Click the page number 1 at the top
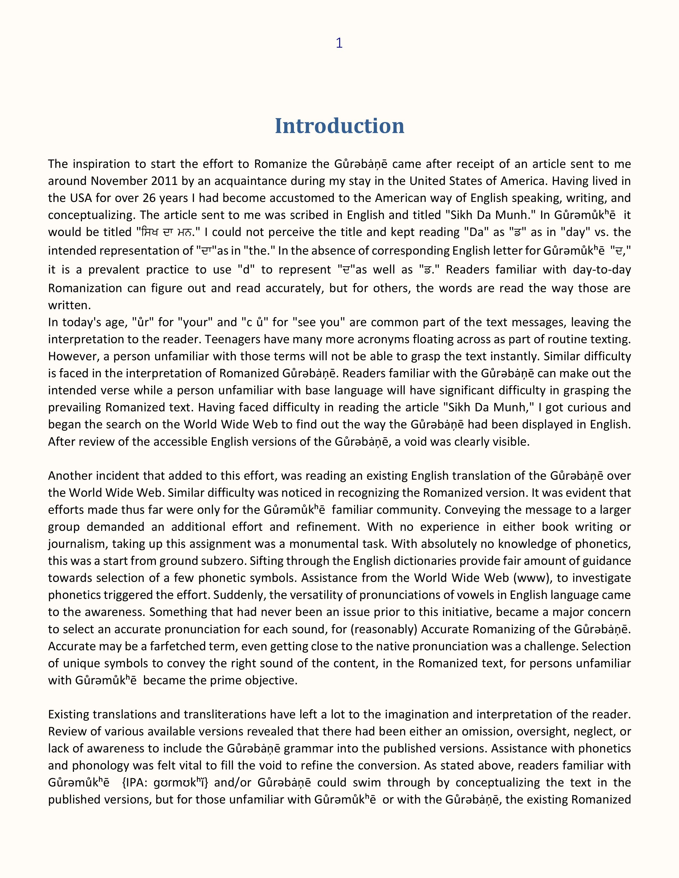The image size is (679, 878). pyautogui.click(x=339, y=43)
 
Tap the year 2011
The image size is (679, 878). pyautogui.click(x=165, y=181)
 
